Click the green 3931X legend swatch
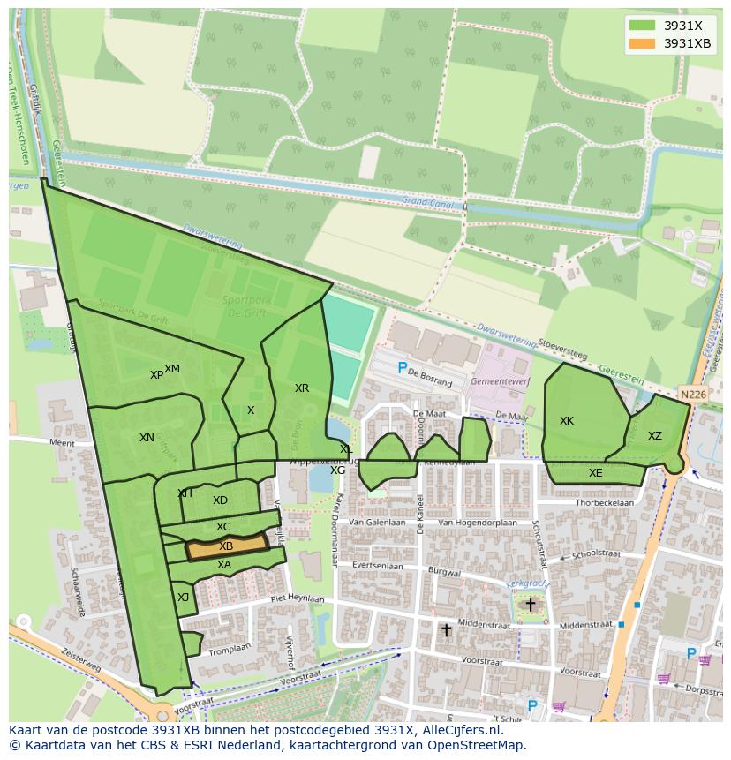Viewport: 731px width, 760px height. point(642,26)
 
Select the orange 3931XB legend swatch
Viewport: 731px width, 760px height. point(642,43)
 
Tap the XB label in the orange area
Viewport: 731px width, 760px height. point(226,546)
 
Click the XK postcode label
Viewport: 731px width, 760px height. point(567,421)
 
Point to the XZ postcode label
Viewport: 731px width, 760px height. point(655,436)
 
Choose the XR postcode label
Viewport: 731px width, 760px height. point(302,388)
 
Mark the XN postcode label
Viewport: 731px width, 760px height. point(147,438)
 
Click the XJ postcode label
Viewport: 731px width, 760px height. point(183,598)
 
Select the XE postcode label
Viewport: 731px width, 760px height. point(596,473)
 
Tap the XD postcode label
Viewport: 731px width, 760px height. point(220,500)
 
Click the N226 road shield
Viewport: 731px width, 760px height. point(693,395)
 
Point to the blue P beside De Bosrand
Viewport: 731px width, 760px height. point(403,368)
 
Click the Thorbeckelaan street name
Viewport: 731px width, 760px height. point(605,503)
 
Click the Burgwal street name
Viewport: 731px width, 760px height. point(444,572)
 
